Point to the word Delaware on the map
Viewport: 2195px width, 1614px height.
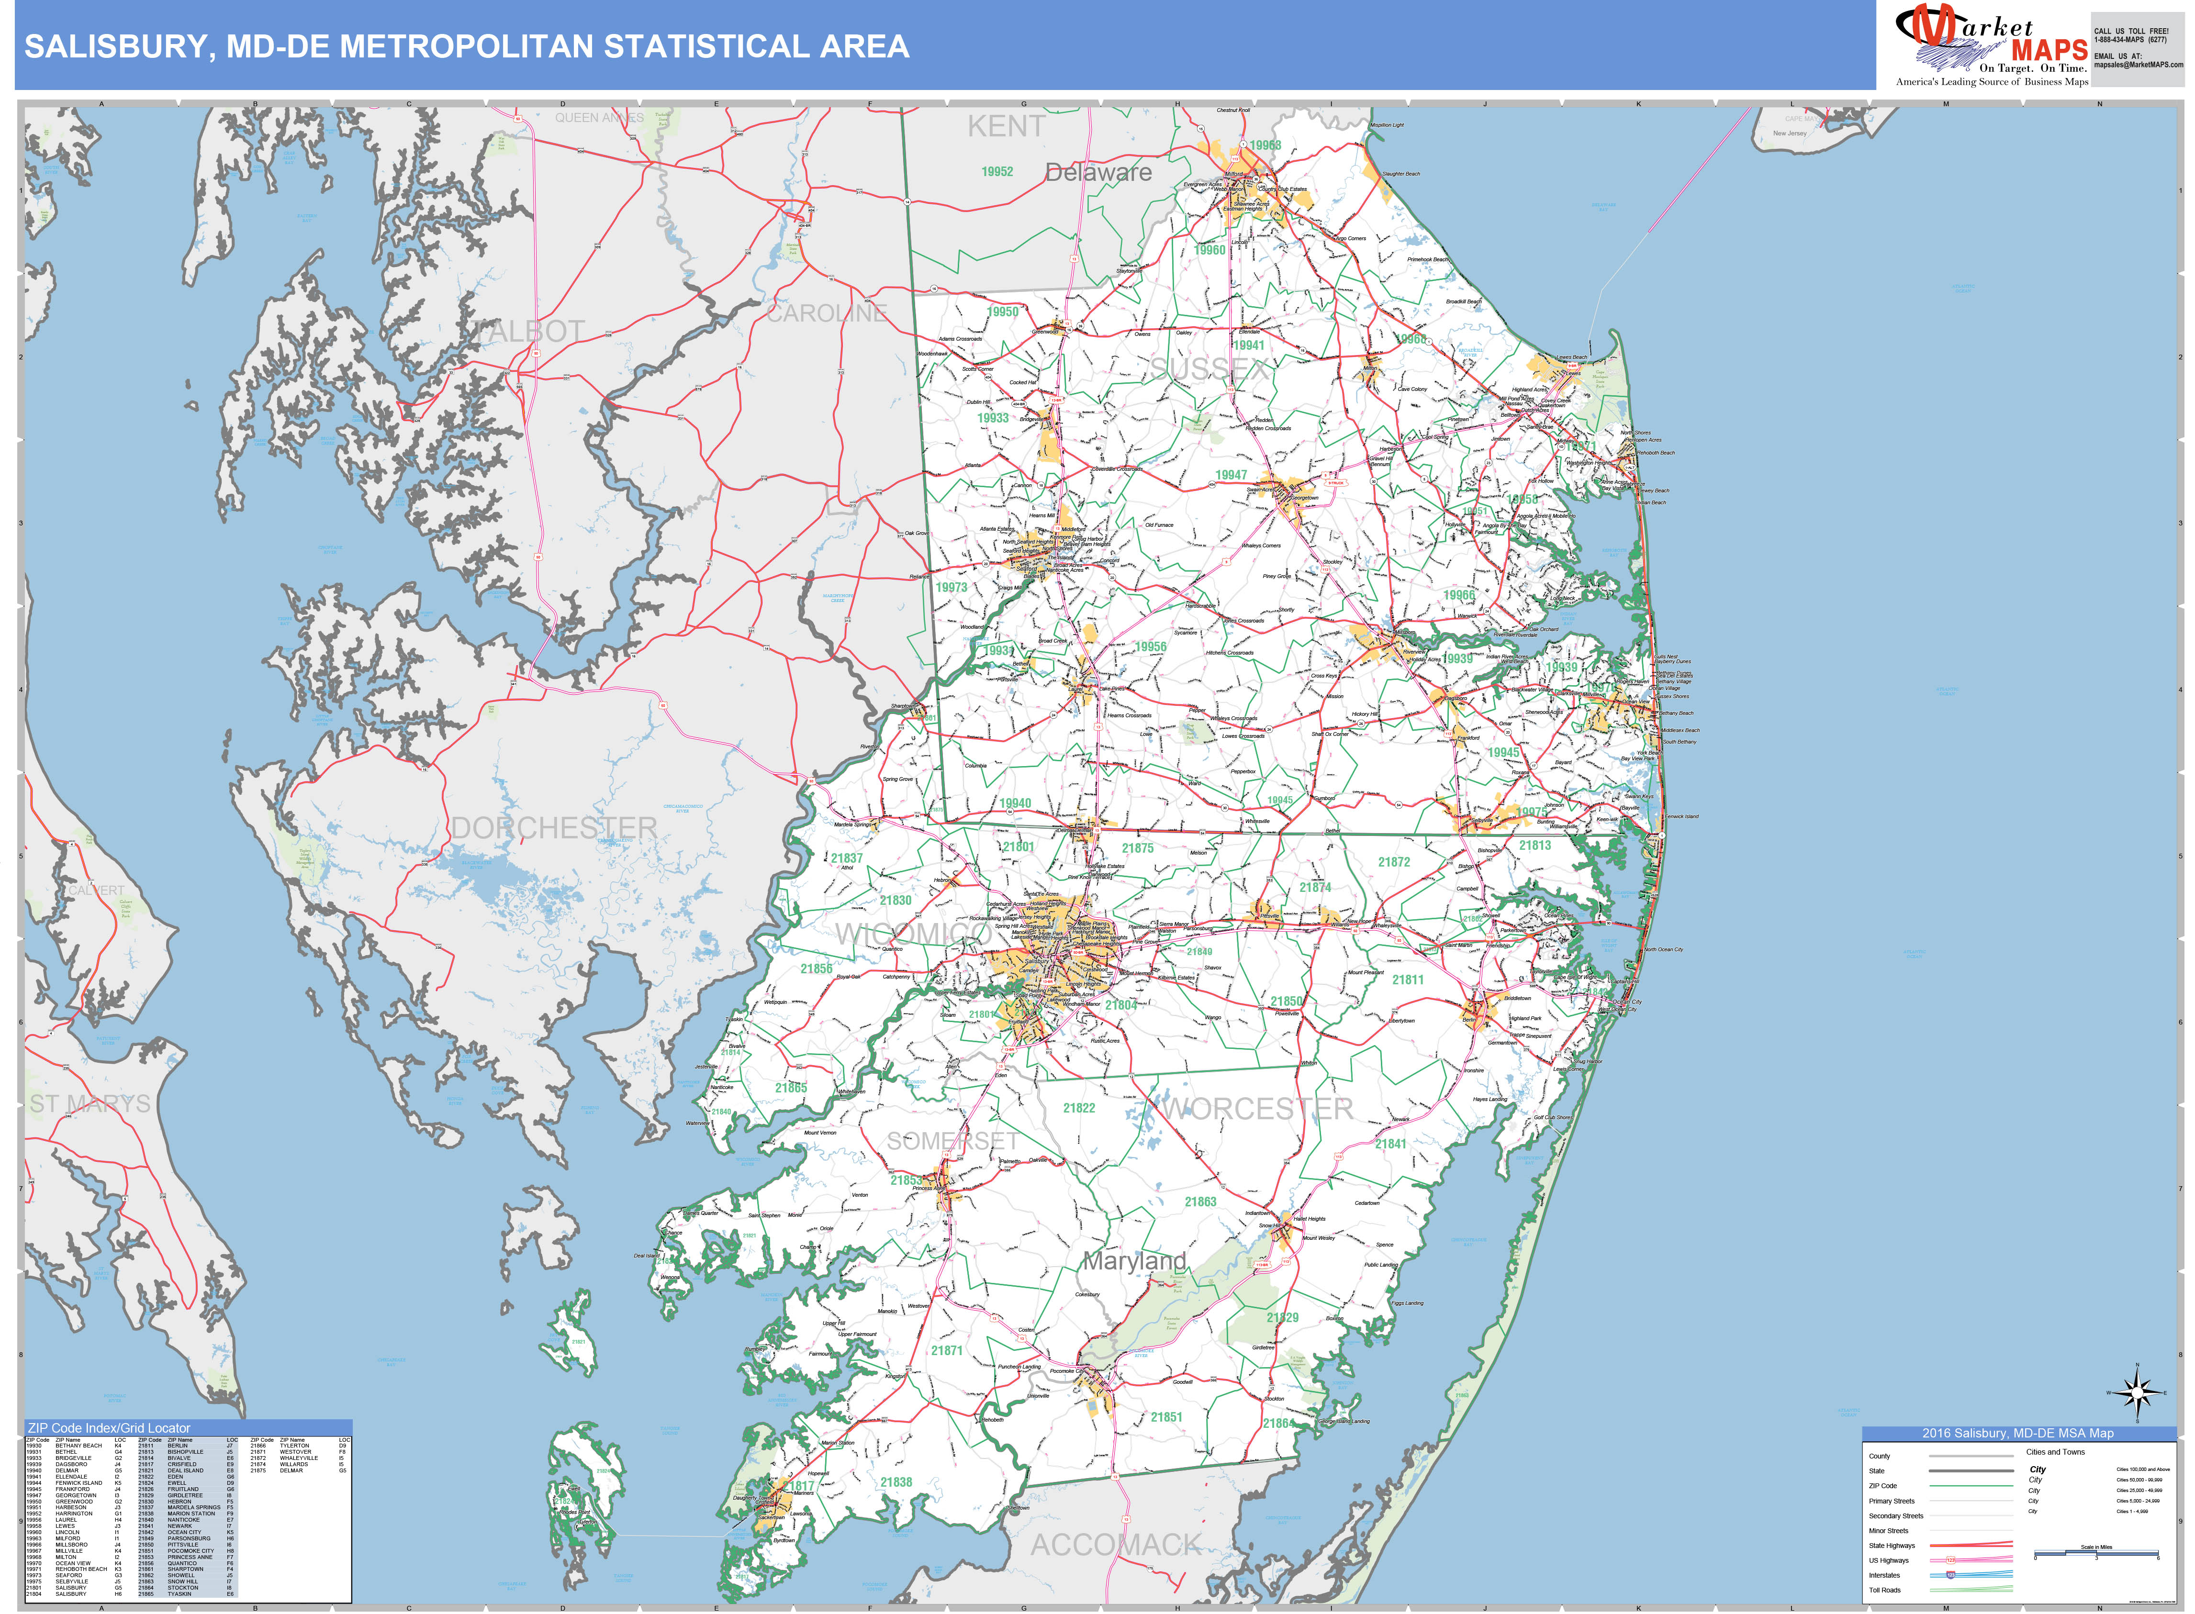pyautogui.click(x=1098, y=173)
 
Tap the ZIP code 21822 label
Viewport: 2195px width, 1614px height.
pyautogui.click(x=1079, y=1108)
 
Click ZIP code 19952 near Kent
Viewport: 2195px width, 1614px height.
pyautogui.click(x=997, y=172)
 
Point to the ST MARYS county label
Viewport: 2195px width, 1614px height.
pyautogui.click(x=90, y=1104)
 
